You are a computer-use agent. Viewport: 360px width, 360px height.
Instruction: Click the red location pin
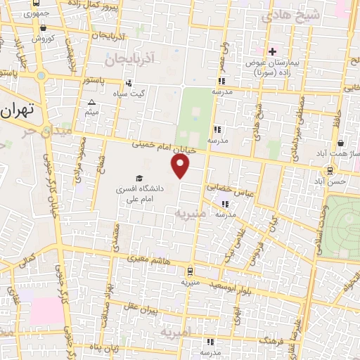click(x=181, y=166)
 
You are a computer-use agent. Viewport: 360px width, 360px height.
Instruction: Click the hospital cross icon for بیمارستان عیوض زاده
click(x=272, y=51)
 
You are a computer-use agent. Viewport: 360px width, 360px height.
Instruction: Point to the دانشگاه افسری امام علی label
click(x=139, y=195)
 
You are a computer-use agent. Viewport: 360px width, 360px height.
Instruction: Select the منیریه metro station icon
click(x=190, y=271)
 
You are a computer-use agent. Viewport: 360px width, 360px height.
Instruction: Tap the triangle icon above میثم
click(x=91, y=103)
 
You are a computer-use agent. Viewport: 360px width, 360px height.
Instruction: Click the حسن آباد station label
click(x=330, y=181)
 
